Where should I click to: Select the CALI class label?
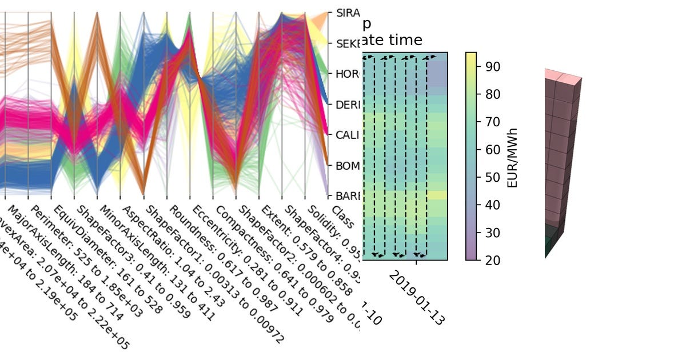348,135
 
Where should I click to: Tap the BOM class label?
348,166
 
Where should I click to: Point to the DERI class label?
348,105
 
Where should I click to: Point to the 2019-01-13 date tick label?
416,297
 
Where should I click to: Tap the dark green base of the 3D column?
552,237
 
